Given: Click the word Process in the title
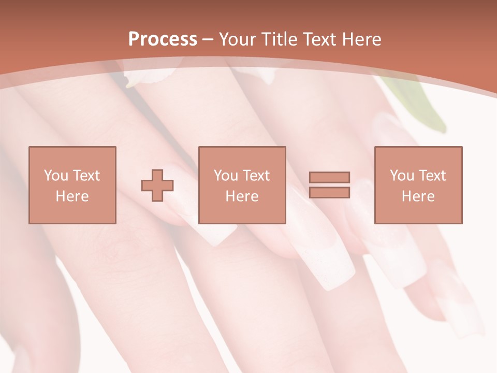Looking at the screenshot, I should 163,39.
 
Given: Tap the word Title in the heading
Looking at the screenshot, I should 280,39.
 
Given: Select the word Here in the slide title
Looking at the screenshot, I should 362,39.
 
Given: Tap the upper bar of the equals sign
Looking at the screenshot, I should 329,178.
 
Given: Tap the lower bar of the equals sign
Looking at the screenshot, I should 329,192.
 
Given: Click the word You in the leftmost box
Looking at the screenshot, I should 56,176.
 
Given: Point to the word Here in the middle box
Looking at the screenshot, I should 242,196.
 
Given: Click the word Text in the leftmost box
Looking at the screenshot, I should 86,176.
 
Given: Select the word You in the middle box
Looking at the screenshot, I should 226,176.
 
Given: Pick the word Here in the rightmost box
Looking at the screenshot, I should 418,196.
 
